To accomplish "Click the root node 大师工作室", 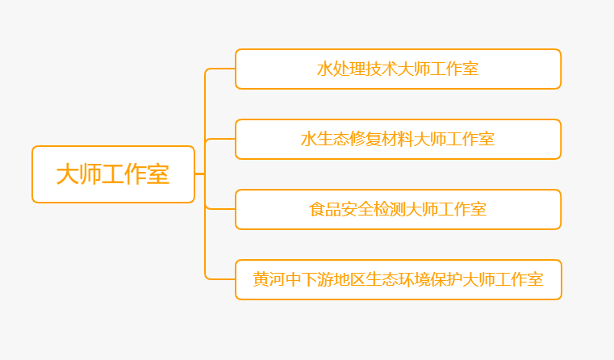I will click(x=113, y=174).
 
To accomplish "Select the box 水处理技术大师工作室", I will click(x=398, y=69).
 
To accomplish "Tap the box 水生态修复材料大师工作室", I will click(x=398, y=139).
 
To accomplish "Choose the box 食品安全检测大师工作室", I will click(x=398, y=209).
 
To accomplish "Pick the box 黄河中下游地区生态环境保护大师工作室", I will click(x=398, y=279).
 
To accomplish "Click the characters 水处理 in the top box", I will click(x=340, y=69).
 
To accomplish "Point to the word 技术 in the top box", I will click(x=381, y=69).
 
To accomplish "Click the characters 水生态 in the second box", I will click(x=324, y=139).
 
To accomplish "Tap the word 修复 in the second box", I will click(x=365, y=139).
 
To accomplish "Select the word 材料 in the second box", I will click(x=397, y=139).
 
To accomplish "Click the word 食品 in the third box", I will click(x=324, y=209).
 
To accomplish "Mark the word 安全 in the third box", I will click(x=357, y=209).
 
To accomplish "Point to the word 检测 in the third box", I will click(x=389, y=209).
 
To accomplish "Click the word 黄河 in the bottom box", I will click(x=269, y=279).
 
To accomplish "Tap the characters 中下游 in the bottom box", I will click(x=309, y=279).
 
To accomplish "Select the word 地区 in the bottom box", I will click(x=349, y=279).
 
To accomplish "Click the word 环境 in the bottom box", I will click(x=414, y=279).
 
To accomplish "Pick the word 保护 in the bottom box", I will click(x=446, y=279).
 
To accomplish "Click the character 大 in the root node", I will click(x=68, y=174).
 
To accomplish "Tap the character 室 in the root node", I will click(x=158, y=174).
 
